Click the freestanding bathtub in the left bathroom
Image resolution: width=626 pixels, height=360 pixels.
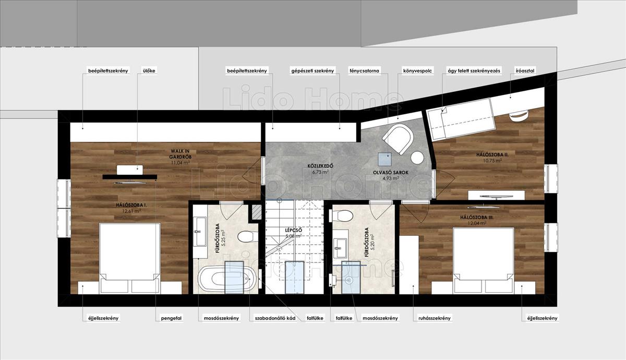(226, 279)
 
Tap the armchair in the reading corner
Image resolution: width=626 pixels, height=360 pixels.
(398, 139)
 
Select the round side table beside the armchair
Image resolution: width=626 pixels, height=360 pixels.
(417, 158)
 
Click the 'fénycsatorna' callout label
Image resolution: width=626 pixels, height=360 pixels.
(364, 71)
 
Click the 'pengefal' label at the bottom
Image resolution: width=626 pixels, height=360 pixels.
(171, 318)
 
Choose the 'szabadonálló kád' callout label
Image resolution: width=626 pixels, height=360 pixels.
(275, 318)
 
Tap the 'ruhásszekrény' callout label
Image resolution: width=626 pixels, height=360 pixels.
(434, 318)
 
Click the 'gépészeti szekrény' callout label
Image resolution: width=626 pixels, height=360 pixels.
(312, 71)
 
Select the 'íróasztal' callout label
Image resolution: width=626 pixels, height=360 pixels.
(525, 71)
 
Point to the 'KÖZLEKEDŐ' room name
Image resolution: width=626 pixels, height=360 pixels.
(320, 166)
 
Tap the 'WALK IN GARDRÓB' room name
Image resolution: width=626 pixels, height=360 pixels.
(180, 154)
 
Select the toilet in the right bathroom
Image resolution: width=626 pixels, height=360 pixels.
(341, 215)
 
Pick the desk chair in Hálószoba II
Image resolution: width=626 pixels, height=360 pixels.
(519, 116)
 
